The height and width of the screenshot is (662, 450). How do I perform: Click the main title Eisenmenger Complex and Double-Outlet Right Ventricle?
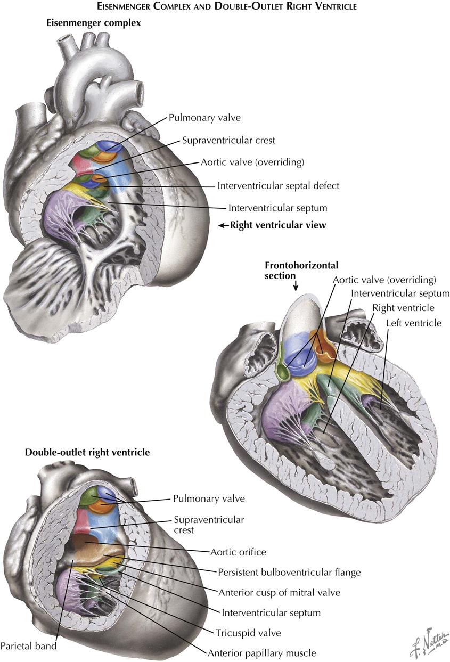[x=227, y=6]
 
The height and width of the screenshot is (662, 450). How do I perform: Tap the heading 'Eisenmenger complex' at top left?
[x=93, y=23]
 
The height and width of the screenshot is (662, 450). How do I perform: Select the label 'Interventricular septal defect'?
[x=279, y=186]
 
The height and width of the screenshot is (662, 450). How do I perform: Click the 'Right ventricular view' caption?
[x=278, y=225]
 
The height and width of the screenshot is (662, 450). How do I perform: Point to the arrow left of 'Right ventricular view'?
[x=224, y=225]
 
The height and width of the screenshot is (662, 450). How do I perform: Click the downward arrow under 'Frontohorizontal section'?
[x=296, y=286]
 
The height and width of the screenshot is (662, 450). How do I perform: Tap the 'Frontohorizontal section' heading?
[x=301, y=271]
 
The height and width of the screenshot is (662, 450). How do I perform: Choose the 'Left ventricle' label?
[x=414, y=323]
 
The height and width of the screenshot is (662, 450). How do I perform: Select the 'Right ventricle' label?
[x=403, y=308]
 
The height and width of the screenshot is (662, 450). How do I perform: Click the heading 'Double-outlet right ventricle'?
[x=87, y=453]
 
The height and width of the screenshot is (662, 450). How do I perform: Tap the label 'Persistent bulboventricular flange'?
[x=289, y=573]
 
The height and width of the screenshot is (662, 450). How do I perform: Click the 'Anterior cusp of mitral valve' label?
[x=279, y=593]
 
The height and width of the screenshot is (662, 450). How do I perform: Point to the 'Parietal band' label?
[x=28, y=646]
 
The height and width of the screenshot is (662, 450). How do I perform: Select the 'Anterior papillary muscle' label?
[x=262, y=653]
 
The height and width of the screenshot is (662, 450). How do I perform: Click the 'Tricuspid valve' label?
[x=248, y=633]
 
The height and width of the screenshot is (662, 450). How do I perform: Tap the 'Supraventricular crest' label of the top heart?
[x=228, y=141]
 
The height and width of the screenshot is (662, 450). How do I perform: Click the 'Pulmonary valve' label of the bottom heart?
[x=209, y=498]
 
